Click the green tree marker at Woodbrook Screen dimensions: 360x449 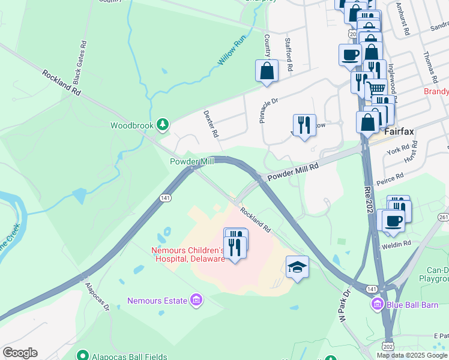pyautogui.click(x=161, y=125)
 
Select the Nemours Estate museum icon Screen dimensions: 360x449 pyautogui.click(x=196, y=299)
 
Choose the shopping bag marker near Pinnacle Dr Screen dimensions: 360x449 pyautogui.click(x=267, y=70)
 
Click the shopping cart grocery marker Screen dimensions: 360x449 pyautogui.click(x=376, y=88)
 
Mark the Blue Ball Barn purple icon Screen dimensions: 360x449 pyautogui.click(x=377, y=304)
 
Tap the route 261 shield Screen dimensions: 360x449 pyautogui.click(x=444, y=216)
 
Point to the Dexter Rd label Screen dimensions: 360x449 pyautogui.click(x=209, y=124)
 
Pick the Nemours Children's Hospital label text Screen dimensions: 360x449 pyautogui.click(x=187, y=254)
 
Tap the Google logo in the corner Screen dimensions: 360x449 pyautogui.click(x=20, y=352)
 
